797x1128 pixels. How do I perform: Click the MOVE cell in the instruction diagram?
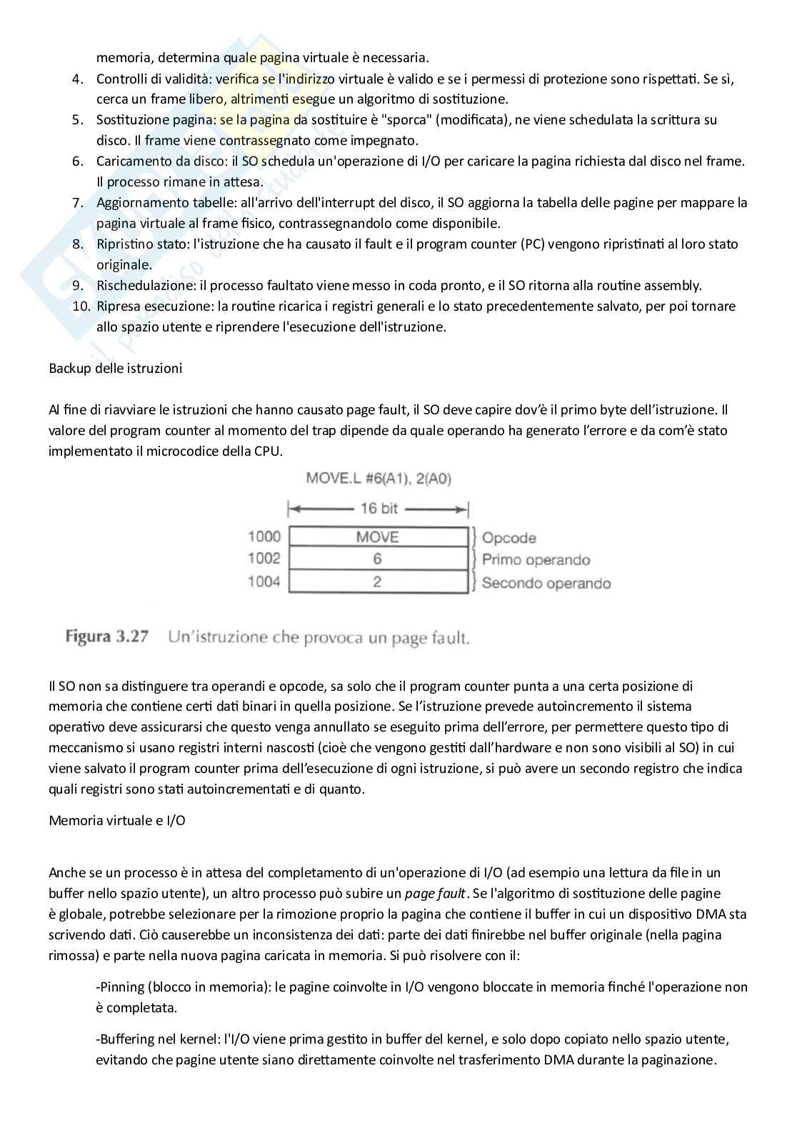[377, 537]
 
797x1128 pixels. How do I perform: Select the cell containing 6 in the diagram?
[377, 559]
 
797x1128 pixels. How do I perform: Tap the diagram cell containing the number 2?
[377, 582]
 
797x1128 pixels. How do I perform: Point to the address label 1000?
[264, 536]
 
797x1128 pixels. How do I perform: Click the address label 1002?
[264, 559]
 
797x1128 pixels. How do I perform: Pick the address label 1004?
[264, 582]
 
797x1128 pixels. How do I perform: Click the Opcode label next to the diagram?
[508, 538]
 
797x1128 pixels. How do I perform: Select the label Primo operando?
[536, 560]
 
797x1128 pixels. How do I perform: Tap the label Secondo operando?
[546, 584]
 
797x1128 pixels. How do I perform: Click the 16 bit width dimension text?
[379, 509]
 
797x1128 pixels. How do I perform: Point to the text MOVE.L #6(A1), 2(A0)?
[379, 479]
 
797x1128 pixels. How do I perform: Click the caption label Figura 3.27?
[107, 637]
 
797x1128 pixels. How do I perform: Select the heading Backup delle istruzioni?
[115, 369]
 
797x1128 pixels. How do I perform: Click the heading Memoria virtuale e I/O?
[117, 820]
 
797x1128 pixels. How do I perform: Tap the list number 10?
[80, 306]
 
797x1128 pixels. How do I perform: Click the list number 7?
[79, 203]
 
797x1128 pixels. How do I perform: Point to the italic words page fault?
[435, 894]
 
